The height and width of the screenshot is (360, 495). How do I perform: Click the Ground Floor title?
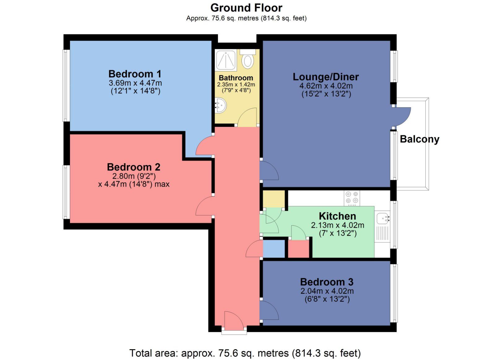pyautogui.click(x=246, y=8)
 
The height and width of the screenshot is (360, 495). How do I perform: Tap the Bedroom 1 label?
pyautogui.click(x=135, y=74)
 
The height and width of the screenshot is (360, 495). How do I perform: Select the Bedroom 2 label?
pyautogui.click(x=134, y=167)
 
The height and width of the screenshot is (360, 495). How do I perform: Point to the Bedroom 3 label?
pyautogui.click(x=327, y=282)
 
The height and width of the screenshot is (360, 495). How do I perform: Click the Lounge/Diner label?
pyautogui.click(x=326, y=77)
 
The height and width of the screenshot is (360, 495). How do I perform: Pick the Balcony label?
pyautogui.click(x=420, y=139)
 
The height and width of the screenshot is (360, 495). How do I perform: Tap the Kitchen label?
pyautogui.click(x=337, y=216)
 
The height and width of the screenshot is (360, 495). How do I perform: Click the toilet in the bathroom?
pyautogui.click(x=247, y=60)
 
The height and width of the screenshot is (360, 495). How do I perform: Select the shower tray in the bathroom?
pyautogui.click(x=226, y=60)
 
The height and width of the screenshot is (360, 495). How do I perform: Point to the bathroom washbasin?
pyautogui.click(x=221, y=105)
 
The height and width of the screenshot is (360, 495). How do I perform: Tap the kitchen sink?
pyautogui.click(x=383, y=218)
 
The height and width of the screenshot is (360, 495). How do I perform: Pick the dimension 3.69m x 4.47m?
pyautogui.click(x=135, y=83)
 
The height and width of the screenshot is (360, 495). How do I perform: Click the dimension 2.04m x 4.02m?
pyautogui.click(x=327, y=291)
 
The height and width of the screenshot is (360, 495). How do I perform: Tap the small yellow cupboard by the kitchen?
pyautogui.click(x=274, y=198)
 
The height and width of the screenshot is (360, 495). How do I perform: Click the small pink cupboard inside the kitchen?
pyautogui.click(x=299, y=249)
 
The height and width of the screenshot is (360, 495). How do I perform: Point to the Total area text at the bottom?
pyautogui.click(x=245, y=353)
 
